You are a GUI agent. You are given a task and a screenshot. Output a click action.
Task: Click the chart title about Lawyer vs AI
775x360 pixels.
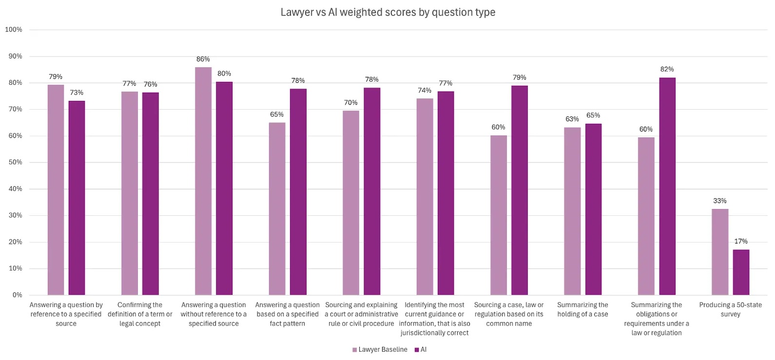[387, 12]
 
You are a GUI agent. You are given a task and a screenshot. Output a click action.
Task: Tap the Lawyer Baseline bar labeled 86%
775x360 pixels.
[203, 181]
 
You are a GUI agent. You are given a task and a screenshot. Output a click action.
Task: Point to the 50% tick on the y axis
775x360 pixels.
[15, 162]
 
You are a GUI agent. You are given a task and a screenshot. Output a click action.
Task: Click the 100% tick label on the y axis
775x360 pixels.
[14, 30]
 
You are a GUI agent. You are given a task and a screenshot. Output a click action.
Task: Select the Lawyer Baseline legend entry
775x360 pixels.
[380, 350]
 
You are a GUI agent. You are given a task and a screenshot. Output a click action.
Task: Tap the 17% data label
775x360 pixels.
[741, 241]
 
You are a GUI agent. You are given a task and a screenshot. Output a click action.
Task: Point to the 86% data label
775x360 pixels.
[203, 59]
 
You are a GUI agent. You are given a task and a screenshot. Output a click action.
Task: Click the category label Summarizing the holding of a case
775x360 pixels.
[582, 309]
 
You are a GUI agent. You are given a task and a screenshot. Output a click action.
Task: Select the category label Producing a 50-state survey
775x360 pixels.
[730, 309]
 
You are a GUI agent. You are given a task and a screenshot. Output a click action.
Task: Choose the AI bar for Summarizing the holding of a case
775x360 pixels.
[593, 209]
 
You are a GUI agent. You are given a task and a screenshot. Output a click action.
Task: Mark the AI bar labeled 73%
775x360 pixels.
[77, 198]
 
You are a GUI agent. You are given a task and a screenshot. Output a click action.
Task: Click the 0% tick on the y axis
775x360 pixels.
[17, 295]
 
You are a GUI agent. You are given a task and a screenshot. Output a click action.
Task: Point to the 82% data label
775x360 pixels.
[667, 69]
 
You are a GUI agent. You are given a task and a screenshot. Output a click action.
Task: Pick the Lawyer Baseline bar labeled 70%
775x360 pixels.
[351, 203]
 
